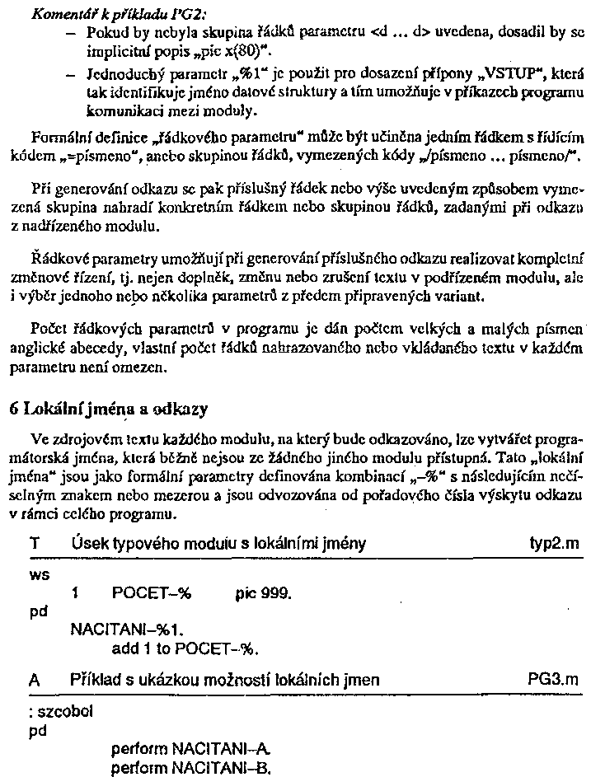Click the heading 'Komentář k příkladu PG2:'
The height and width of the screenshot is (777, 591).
click(109, 14)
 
